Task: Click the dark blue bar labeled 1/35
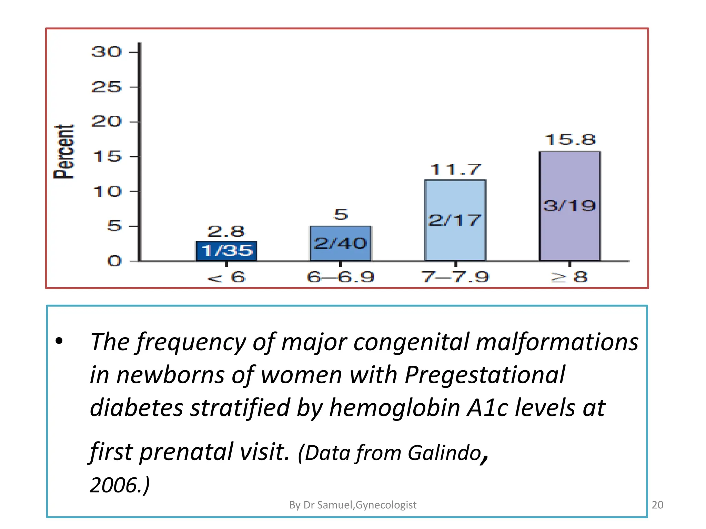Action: pos(226,251)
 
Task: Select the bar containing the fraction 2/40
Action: pos(340,243)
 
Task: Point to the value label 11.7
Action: pos(455,170)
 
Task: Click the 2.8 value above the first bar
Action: pos(226,231)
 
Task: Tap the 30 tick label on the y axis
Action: pos(107,52)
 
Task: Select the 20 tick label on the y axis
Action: pos(107,122)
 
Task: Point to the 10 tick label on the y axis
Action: pos(107,191)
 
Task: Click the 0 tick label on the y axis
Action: pos(114,261)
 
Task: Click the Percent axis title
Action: pos(64,152)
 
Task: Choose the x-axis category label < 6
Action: pos(226,277)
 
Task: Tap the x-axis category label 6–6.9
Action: pos(340,277)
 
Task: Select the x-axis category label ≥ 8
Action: pos(569,277)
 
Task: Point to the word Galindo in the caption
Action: pos(444,453)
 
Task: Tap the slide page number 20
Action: pos(657,505)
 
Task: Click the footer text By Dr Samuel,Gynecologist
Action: pos(353,505)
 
